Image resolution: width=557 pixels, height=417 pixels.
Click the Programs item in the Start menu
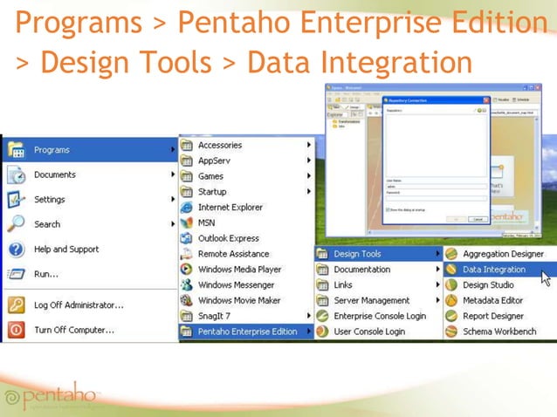(x=52, y=150)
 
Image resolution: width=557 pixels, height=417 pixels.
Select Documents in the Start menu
(x=54, y=174)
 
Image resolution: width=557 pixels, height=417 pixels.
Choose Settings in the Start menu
(x=49, y=199)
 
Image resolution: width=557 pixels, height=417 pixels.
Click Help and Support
(x=65, y=250)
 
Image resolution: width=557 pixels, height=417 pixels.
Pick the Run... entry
(x=45, y=274)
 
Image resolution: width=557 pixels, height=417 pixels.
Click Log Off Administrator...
(x=78, y=305)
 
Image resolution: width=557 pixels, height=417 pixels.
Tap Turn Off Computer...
(x=75, y=330)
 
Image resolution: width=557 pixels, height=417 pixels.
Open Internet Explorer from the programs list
(x=230, y=208)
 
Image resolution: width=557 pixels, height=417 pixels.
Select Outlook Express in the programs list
(x=228, y=238)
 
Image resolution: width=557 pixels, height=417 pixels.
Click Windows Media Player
(x=239, y=270)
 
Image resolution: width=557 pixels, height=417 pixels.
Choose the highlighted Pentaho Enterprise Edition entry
(x=247, y=332)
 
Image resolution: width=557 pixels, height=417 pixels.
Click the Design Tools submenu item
(x=357, y=254)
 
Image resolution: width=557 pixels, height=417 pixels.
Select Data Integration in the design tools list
(x=493, y=270)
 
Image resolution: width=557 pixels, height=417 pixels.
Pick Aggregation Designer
(x=504, y=254)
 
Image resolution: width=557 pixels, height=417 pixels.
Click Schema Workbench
(x=499, y=332)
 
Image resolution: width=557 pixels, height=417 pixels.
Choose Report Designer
(x=492, y=316)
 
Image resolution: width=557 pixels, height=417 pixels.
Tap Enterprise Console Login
(x=379, y=316)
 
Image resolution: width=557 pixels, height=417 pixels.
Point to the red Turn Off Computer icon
(x=16, y=330)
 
